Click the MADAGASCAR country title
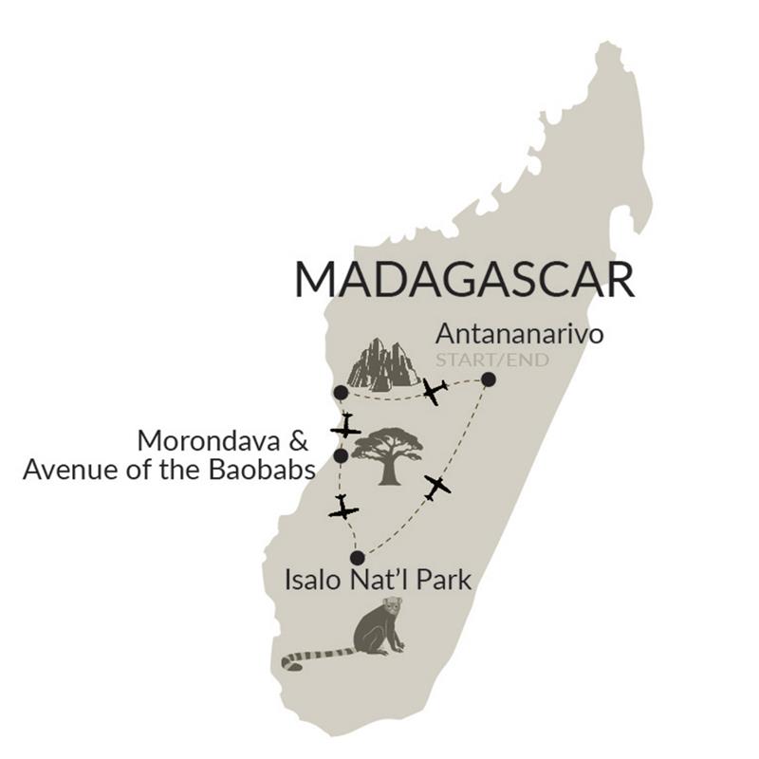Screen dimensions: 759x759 [463, 281]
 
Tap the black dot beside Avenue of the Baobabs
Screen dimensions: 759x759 [341, 457]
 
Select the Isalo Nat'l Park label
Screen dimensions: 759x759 [378, 580]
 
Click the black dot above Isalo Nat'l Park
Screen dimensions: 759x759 [357, 558]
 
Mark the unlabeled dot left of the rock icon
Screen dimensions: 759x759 [340, 392]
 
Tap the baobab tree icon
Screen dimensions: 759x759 [387, 454]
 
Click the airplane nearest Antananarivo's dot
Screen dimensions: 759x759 [436, 392]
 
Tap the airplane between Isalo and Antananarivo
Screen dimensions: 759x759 [436, 487]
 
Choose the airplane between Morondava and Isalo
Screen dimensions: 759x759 [342, 509]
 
